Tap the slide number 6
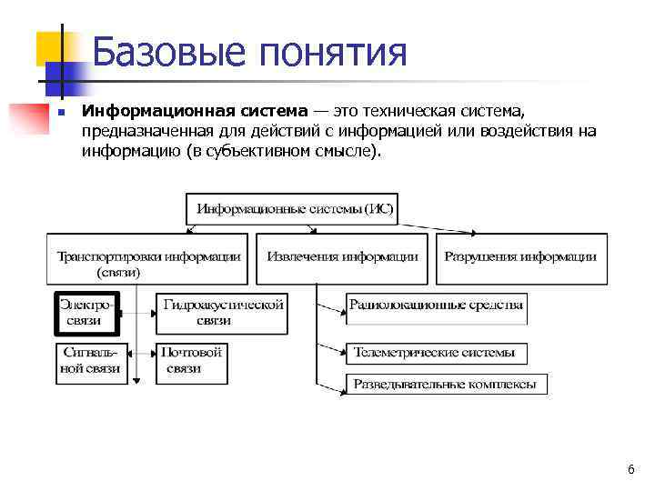click(x=630, y=469)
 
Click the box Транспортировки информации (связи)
click(x=148, y=261)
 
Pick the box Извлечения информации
click(x=342, y=256)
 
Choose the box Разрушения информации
click(x=520, y=256)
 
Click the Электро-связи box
click(x=89, y=311)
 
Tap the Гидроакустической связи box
click(x=222, y=311)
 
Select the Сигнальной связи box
click(x=89, y=360)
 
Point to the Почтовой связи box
click(x=191, y=360)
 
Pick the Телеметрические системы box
click(x=434, y=352)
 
